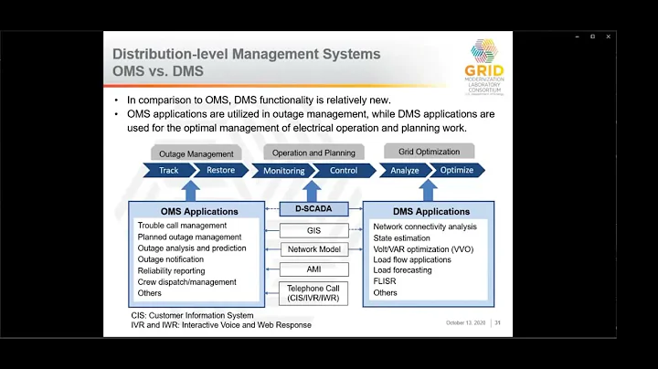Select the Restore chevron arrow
221,170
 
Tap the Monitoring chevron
283,170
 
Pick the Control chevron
344,170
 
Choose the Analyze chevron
405,170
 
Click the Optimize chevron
457,170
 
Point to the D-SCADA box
313,209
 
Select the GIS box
313,231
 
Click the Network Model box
313,249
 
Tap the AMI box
313,269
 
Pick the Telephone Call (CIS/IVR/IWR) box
313,293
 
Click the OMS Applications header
186,211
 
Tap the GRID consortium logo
483,63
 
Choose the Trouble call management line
182,226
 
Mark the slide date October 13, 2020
466,322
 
